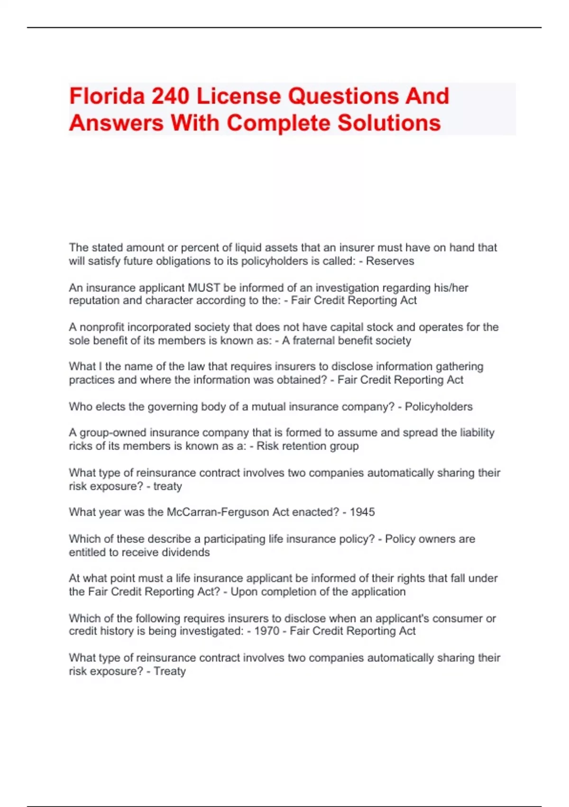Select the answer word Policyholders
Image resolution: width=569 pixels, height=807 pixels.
click(x=439, y=407)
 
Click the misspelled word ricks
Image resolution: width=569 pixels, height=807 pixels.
click(x=80, y=446)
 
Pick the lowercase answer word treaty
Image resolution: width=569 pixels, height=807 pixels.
click(x=167, y=486)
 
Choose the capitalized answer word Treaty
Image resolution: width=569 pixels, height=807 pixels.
click(x=169, y=671)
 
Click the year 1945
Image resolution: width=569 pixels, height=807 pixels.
click(x=362, y=512)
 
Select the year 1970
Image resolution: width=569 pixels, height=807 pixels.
click(x=267, y=631)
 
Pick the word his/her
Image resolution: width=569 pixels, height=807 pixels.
click(x=451, y=288)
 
